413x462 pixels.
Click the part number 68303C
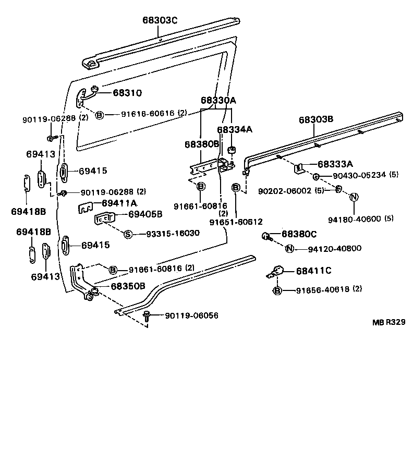[x=160, y=20]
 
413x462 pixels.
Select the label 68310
[x=128, y=93]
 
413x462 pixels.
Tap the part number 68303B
[x=315, y=119]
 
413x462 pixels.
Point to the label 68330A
[x=218, y=100]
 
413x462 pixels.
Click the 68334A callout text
[x=235, y=129]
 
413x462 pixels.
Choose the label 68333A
[x=335, y=164]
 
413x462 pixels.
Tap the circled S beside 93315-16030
[x=128, y=233]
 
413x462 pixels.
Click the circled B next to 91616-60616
[x=100, y=114]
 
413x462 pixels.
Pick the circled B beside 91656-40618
[x=277, y=290]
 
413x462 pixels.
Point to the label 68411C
[x=313, y=270]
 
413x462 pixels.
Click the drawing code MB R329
[x=388, y=322]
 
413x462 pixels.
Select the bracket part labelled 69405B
[x=104, y=218]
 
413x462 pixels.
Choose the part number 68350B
[x=128, y=286]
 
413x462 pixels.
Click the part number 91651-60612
[x=236, y=222]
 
